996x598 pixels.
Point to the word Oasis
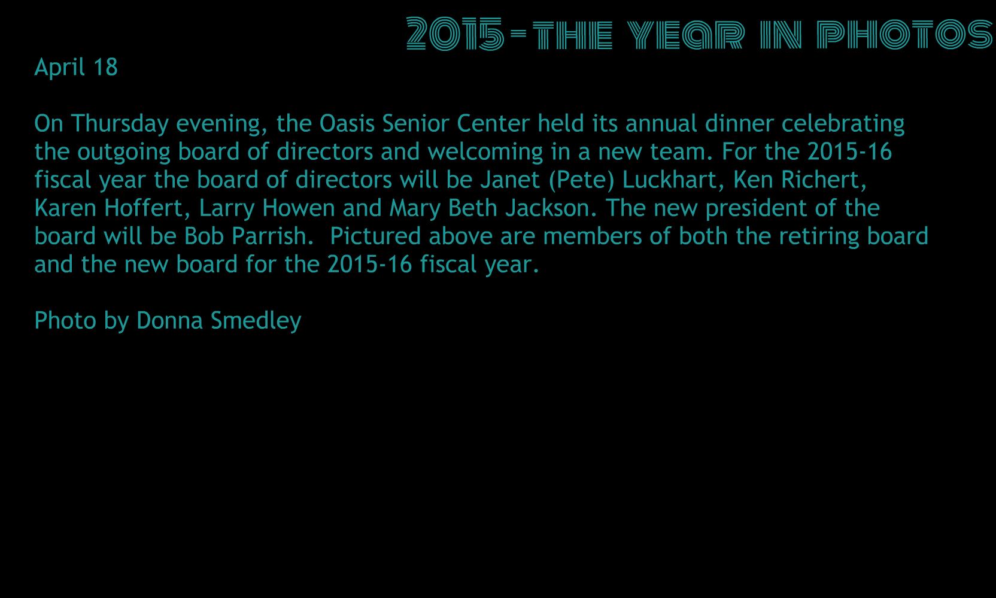click(x=347, y=123)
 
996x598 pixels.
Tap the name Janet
click(x=510, y=180)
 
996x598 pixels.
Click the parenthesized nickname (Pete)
click(x=581, y=181)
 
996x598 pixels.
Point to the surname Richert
click(x=824, y=180)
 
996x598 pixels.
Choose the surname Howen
click(x=298, y=208)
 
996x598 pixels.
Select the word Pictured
click(x=375, y=236)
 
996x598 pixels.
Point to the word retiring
click(x=819, y=237)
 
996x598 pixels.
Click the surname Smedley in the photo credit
click(x=256, y=321)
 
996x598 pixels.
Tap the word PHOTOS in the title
click(x=904, y=34)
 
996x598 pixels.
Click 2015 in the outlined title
click(x=456, y=34)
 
